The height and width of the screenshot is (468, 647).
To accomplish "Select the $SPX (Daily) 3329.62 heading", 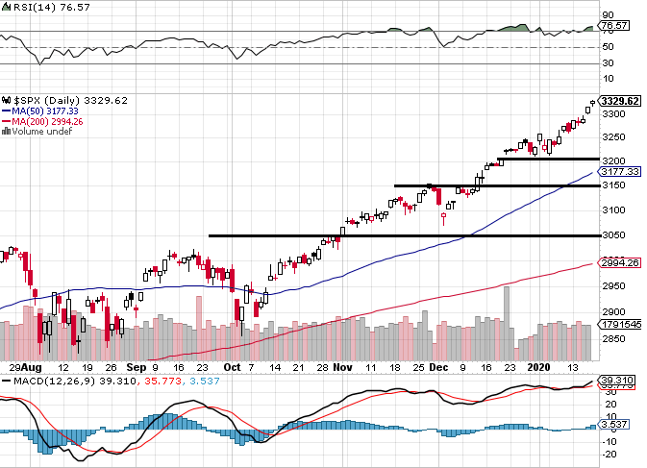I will pos(65,100).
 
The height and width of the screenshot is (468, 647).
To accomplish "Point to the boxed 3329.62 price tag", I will pos(619,101).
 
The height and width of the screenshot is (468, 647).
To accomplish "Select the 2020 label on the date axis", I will pos(537,367).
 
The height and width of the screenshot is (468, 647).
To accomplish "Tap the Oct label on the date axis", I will pos(231,367).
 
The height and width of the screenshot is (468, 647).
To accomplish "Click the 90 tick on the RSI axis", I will pos(607,15).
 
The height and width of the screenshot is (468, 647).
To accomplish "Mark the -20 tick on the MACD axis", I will pos(610,454).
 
